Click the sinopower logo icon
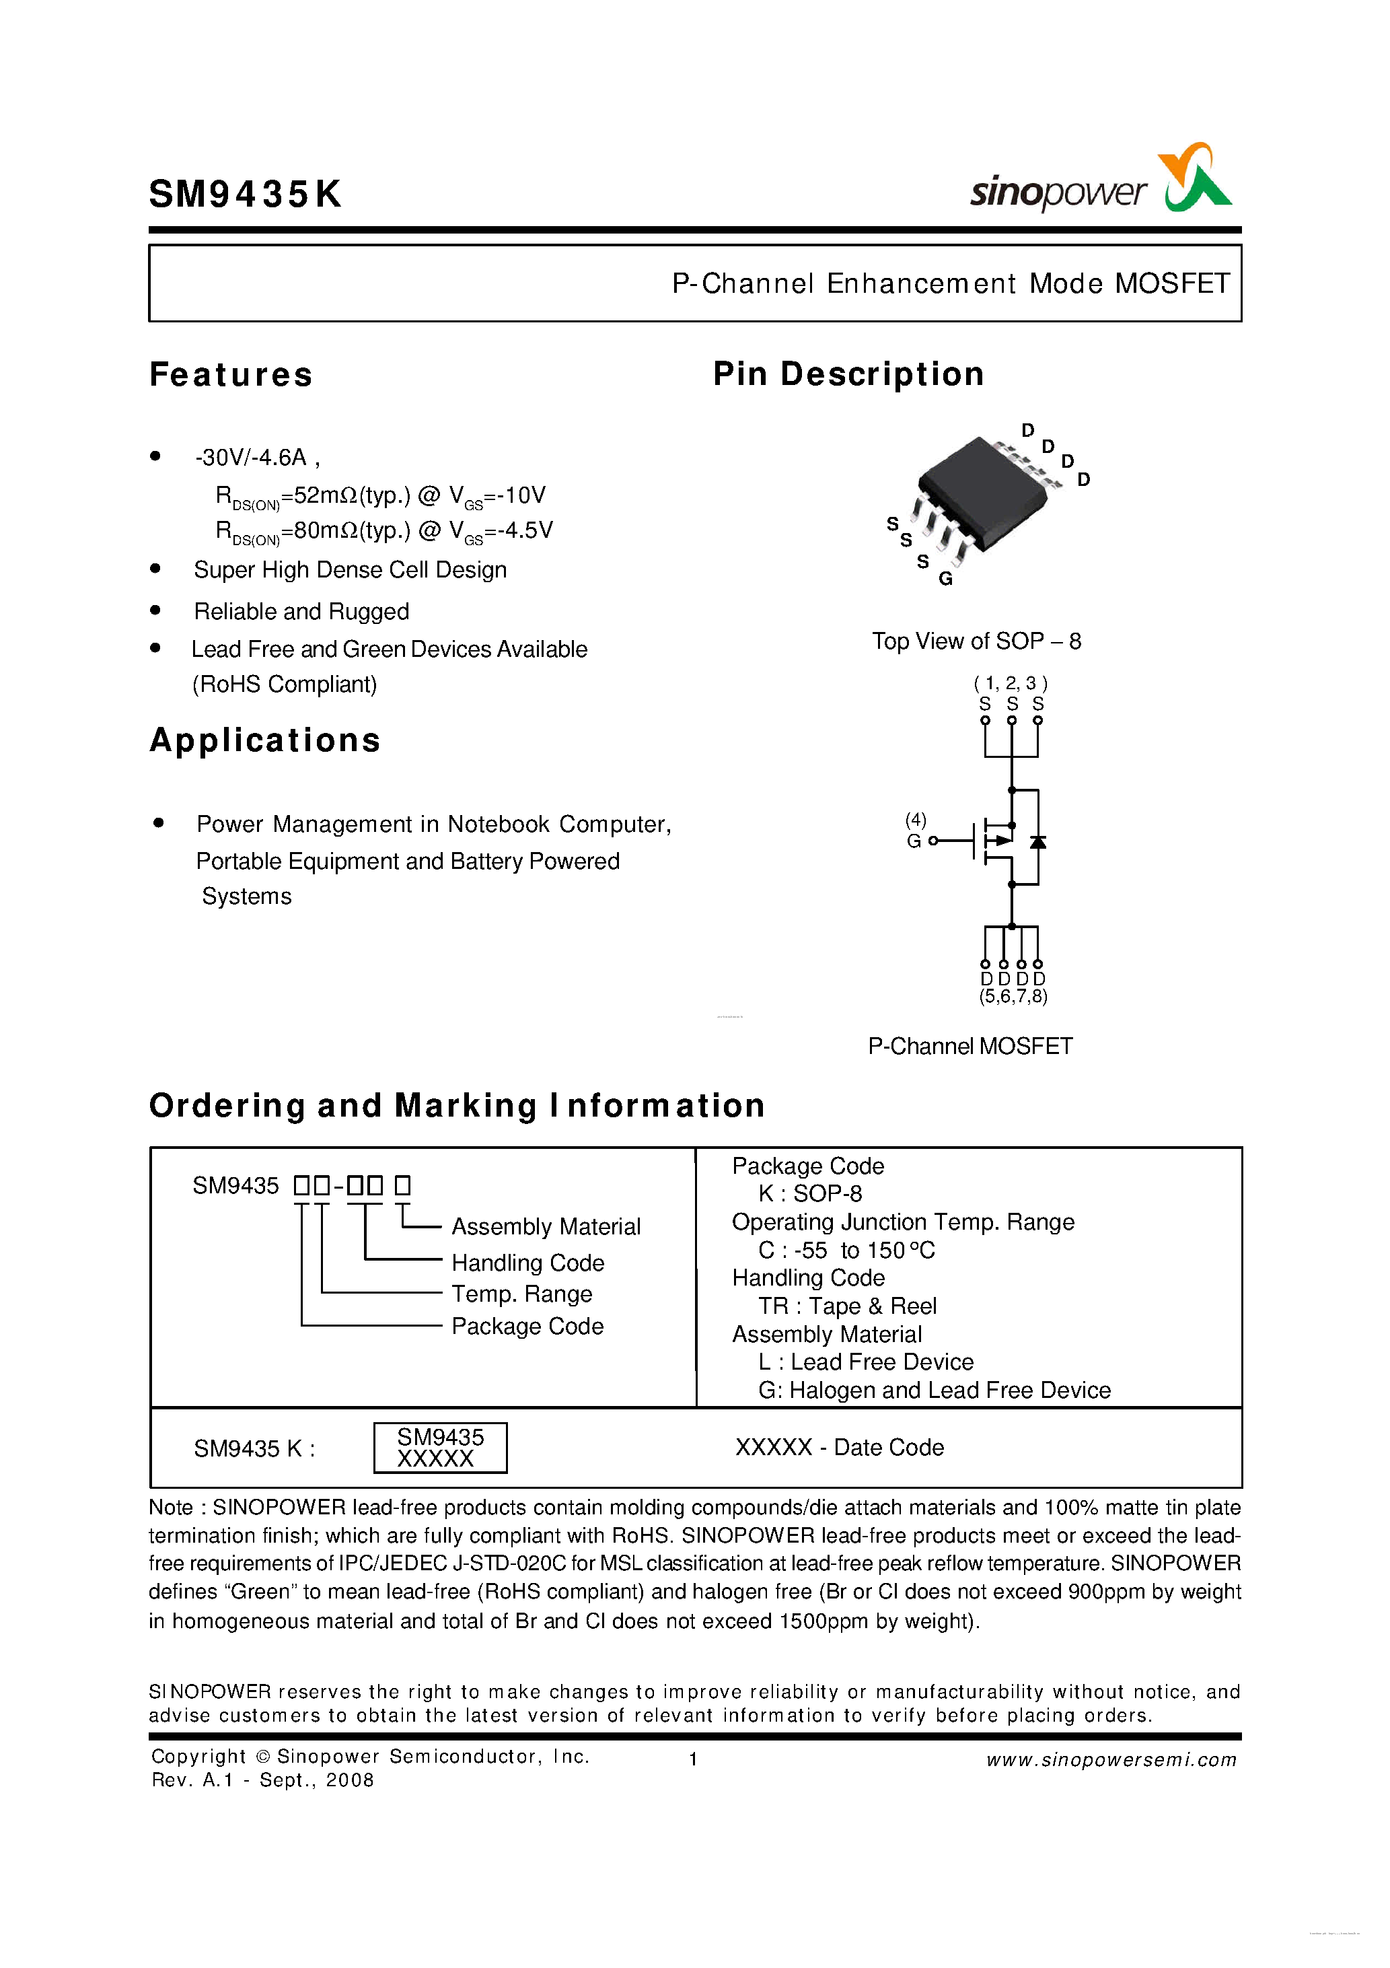click(x=1196, y=178)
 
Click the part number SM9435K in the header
click(x=245, y=195)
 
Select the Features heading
click(x=231, y=375)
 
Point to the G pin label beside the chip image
click(x=945, y=579)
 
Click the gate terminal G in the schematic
click(x=914, y=841)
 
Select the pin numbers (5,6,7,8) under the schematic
click(x=1013, y=996)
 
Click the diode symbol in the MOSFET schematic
click(x=1037, y=841)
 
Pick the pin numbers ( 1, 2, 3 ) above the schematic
click(x=1011, y=683)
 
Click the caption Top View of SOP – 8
click(x=976, y=641)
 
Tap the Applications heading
click(x=265, y=740)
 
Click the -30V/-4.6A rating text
click(x=257, y=458)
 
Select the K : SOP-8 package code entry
click(x=810, y=1193)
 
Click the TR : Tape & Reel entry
click(x=846, y=1306)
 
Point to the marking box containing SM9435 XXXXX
click(x=441, y=1448)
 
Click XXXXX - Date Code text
click(x=839, y=1447)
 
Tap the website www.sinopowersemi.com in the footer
click(x=1111, y=1760)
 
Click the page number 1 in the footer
click(x=692, y=1760)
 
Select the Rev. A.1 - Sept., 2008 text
click(x=262, y=1780)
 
